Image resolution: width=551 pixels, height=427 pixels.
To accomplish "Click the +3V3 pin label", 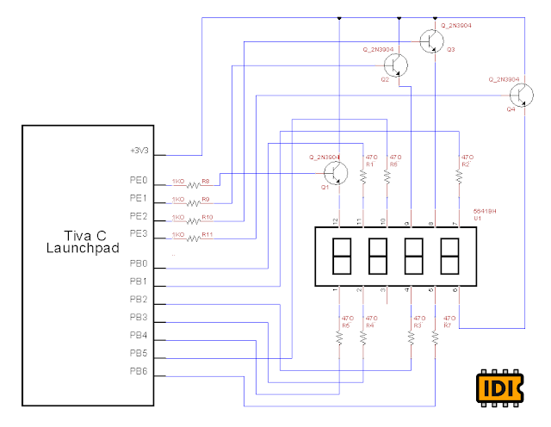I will (x=139, y=150).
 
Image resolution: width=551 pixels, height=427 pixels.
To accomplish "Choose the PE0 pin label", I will (x=139, y=182).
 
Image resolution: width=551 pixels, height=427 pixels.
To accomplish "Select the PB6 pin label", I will (x=139, y=371).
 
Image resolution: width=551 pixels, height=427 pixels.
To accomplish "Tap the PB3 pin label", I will (x=139, y=318).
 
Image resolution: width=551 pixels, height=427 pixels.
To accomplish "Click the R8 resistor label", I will (x=206, y=182).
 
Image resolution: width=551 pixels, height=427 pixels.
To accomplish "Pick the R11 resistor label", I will (x=207, y=234).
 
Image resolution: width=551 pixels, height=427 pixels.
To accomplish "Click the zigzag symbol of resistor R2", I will (x=459, y=176).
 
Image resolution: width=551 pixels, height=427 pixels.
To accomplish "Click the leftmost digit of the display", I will (x=341, y=256).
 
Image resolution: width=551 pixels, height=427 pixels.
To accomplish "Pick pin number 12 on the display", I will (x=339, y=222).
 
